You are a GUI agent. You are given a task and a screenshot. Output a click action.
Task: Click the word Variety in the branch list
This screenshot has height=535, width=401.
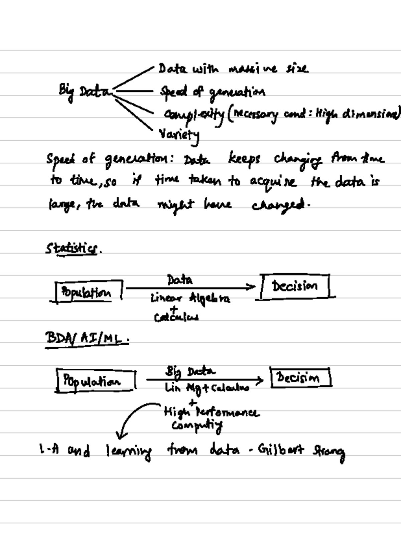179,135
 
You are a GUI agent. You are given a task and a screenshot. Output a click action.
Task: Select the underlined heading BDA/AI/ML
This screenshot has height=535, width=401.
86,339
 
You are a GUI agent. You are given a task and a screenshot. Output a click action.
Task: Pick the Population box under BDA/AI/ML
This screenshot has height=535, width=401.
96,381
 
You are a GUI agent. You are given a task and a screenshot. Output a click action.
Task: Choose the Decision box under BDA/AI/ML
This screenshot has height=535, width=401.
300,378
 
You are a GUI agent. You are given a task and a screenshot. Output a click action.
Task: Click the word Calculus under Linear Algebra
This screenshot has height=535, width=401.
176,317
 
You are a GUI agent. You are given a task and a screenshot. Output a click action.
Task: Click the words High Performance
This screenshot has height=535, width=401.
211,412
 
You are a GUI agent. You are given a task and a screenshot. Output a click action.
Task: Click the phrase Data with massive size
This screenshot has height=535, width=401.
233,69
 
